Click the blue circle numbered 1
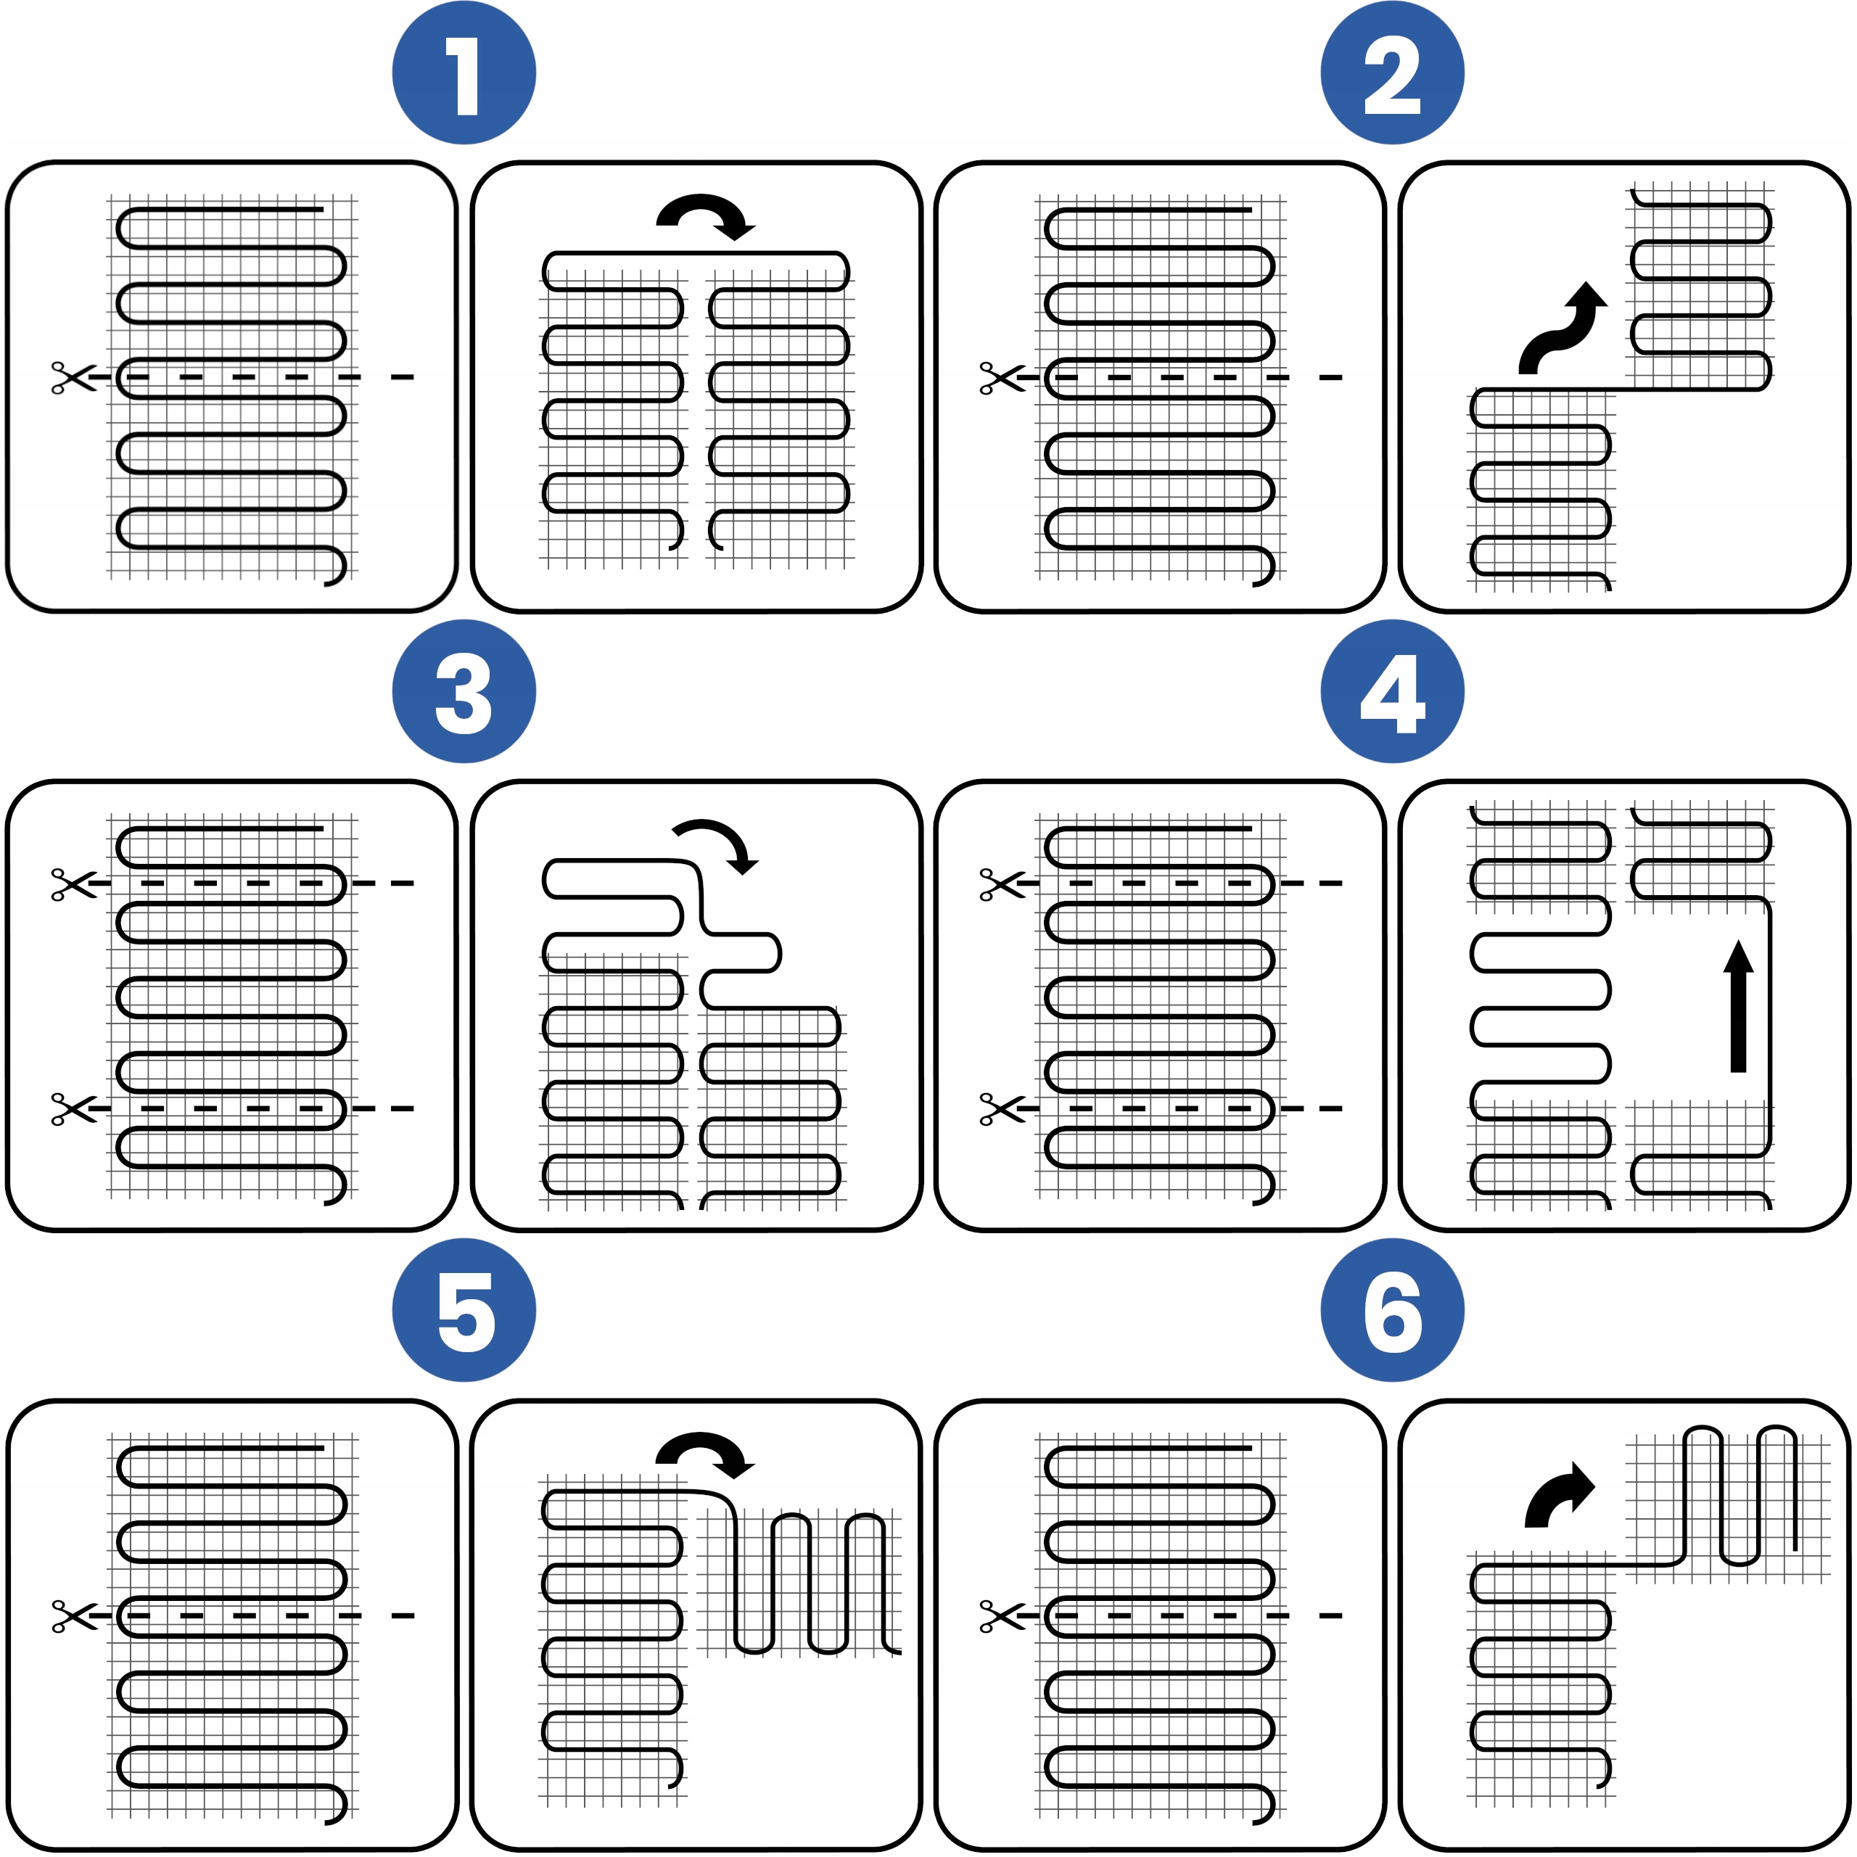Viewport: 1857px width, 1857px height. tap(464, 73)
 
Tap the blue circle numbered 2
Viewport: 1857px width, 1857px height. tap(1392, 73)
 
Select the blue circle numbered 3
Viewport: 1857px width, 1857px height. tap(464, 691)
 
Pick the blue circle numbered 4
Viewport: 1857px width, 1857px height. tap(1392, 691)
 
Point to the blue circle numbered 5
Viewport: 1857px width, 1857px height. tap(464, 1310)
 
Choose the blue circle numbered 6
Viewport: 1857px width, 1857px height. tap(1392, 1310)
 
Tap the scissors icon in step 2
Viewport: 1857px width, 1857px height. tap(1002, 378)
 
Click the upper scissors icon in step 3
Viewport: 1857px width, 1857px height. tap(74, 884)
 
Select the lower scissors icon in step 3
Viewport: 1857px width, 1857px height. tap(74, 1109)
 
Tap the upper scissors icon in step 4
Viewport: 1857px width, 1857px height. tap(1002, 884)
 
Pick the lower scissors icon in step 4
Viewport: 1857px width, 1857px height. tap(1002, 1109)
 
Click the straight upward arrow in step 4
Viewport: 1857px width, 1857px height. tap(1738, 1005)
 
